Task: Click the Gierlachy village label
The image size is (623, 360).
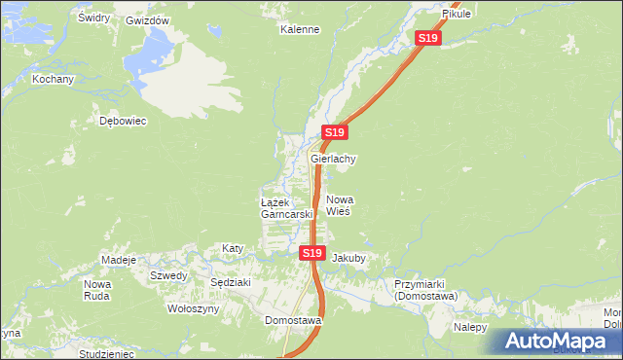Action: pos(334,159)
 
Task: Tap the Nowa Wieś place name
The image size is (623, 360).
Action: pos(338,204)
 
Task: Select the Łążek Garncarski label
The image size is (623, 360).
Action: pos(285,207)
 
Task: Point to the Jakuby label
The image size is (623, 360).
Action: pos(348,259)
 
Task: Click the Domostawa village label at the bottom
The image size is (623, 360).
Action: pos(293,319)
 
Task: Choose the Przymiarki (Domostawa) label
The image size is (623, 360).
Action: pos(432,289)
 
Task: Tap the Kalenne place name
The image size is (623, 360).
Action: pos(300,29)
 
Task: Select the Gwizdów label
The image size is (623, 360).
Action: pos(148,20)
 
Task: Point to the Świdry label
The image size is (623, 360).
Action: pos(93,18)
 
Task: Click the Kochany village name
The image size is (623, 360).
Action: pos(53,79)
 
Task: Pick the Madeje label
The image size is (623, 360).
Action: pos(118,261)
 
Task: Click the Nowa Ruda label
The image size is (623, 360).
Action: pos(97,290)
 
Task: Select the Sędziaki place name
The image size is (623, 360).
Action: pos(231,282)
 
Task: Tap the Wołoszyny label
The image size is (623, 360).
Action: pos(194,308)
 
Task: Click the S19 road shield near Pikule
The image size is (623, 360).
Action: pos(428,38)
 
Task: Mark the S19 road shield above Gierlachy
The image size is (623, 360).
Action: pos(334,131)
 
